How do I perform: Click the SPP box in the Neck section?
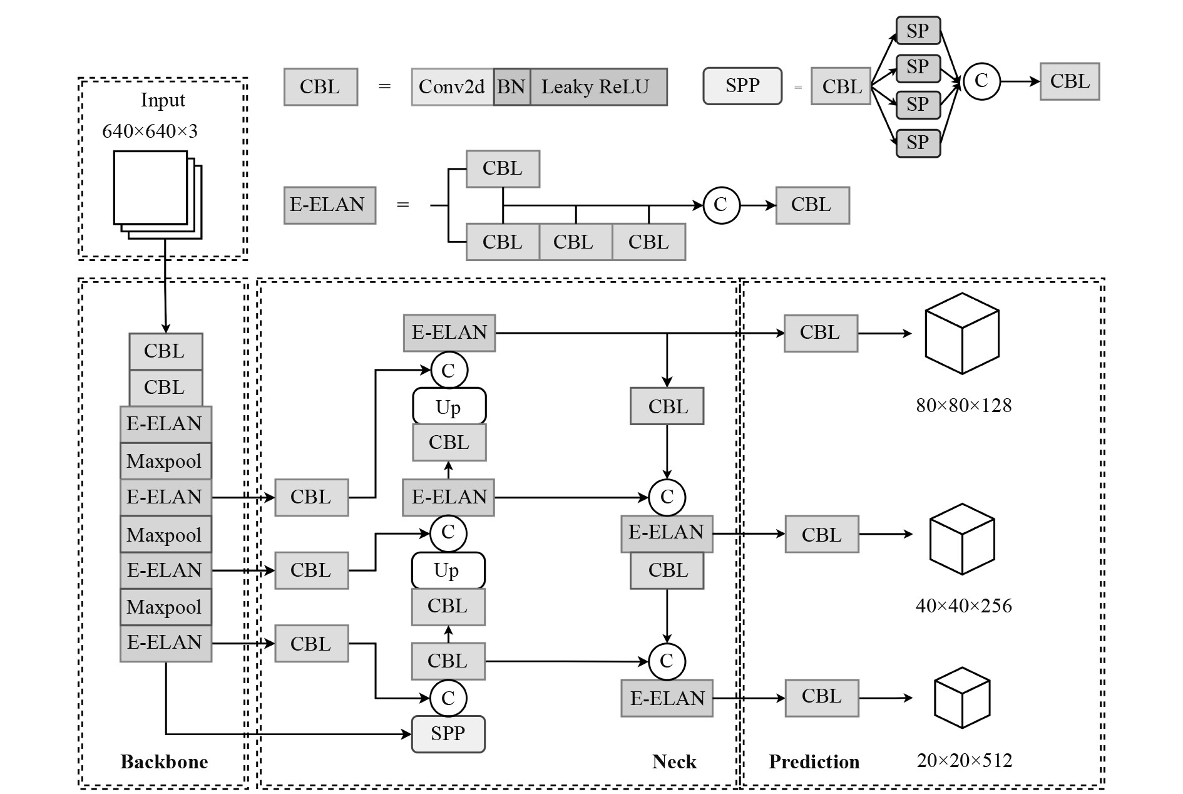pyautogui.click(x=448, y=734)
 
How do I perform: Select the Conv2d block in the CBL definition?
pyautogui.click(x=452, y=87)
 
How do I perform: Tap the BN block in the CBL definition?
pyautogui.click(x=511, y=87)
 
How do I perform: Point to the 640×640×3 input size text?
pyautogui.click(x=150, y=131)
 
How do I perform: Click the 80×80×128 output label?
pyautogui.click(x=963, y=406)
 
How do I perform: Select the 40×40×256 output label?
pyautogui.click(x=963, y=606)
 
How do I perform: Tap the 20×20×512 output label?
pyautogui.click(x=964, y=761)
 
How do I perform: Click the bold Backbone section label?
pyautogui.click(x=164, y=762)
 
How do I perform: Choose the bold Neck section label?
pyautogui.click(x=674, y=762)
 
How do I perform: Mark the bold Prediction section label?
pyautogui.click(x=814, y=762)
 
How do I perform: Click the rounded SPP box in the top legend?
pyautogui.click(x=742, y=86)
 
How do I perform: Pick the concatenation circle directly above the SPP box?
pyautogui.click(x=448, y=698)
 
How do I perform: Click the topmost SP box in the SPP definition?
pyautogui.click(x=918, y=31)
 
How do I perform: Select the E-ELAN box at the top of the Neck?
pyautogui.click(x=449, y=333)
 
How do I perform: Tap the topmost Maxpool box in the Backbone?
pyautogui.click(x=165, y=461)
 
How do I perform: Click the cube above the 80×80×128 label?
pyautogui.click(x=961, y=334)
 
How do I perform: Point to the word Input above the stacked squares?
pyautogui.click(x=163, y=100)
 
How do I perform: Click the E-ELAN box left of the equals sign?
pyautogui.click(x=330, y=205)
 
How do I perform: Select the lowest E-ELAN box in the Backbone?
pyautogui.click(x=165, y=643)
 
